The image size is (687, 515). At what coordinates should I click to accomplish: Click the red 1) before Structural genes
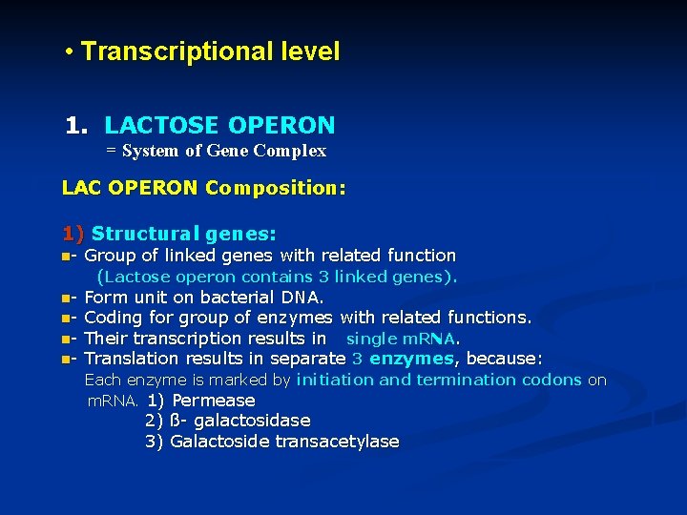click(x=73, y=234)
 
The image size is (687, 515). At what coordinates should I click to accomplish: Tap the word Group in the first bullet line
click(x=110, y=256)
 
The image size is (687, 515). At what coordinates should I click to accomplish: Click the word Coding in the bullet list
click(x=114, y=318)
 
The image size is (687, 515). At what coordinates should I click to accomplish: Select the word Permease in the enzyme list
click(x=214, y=401)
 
